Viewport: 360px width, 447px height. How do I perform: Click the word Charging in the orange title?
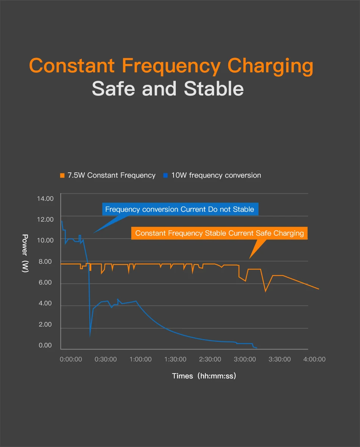[x=270, y=66]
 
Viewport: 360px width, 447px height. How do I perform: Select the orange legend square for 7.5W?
[x=63, y=175]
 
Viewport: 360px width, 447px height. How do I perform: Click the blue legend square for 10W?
[x=165, y=175]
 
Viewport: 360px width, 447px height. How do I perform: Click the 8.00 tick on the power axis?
[x=45, y=261]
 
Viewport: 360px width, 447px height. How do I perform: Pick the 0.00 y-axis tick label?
[x=45, y=345]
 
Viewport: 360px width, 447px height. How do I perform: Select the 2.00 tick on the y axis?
[x=45, y=325]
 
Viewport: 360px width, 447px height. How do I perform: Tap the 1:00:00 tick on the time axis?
[x=140, y=359]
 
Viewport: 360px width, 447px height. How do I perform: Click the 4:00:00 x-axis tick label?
[x=314, y=359]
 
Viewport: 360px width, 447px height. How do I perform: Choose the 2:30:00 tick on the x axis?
[x=210, y=359]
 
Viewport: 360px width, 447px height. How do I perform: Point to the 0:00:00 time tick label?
[x=71, y=359]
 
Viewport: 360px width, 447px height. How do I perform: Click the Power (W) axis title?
[x=25, y=253]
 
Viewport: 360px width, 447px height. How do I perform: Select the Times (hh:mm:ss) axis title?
[x=204, y=376]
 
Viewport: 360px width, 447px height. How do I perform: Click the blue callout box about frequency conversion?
[x=180, y=209]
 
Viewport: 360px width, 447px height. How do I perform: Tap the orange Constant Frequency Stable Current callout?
[x=219, y=233]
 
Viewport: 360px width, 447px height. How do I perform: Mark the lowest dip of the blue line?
[x=90, y=336]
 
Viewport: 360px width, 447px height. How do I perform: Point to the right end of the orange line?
[x=319, y=289]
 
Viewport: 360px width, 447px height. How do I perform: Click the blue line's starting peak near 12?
[x=62, y=221]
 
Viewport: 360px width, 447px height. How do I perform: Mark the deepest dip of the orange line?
[x=266, y=291]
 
